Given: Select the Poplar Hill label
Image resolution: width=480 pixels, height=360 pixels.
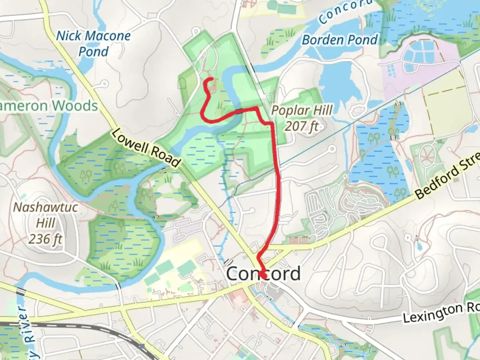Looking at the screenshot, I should (x=302, y=110).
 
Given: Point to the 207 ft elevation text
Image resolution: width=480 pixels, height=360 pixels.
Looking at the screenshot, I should (x=302, y=126).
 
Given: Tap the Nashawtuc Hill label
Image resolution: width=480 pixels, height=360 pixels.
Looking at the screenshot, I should (x=46, y=215).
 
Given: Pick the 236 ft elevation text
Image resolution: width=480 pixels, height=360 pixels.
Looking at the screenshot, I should (x=46, y=239).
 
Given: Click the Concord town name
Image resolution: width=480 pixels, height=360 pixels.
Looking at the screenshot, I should (x=263, y=274).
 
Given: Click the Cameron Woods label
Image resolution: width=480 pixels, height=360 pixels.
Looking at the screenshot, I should (x=49, y=106).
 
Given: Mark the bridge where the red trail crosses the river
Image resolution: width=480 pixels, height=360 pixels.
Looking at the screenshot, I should (x=239, y=111).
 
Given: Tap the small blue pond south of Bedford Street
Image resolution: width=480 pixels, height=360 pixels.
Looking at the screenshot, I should (x=419, y=247).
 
